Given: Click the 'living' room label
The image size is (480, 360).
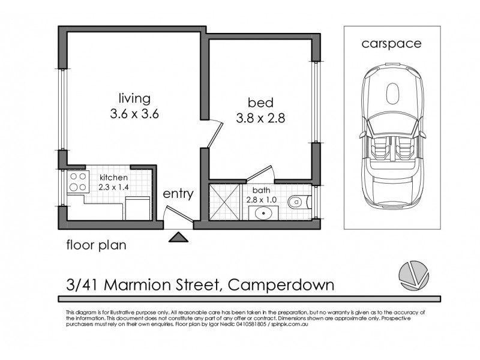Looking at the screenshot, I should pyautogui.click(x=134, y=98).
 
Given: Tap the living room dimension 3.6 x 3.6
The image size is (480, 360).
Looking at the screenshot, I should pyautogui.click(x=134, y=114).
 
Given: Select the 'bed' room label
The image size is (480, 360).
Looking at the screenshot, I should pyautogui.click(x=259, y=101).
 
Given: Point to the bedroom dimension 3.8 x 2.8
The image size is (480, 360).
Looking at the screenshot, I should pyautogui.click(x=259, y=118).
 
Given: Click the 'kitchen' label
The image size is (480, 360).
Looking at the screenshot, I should pyautogui.click(x=114, y=178).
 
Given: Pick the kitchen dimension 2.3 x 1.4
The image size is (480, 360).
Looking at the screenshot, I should pyautogui.click(x=114, y=187).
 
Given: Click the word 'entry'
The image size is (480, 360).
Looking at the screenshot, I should pyautogui.click(x=178, y=194).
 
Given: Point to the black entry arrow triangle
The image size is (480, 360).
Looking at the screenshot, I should pyautogui.click(x=178, y=237).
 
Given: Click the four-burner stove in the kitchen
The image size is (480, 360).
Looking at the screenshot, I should pyautogui.click(x=77, y=182).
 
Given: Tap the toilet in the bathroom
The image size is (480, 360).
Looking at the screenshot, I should pyautogui.click(x=295, y=202).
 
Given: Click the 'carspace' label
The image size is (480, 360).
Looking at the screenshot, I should pyautogui.click(x=391, y=43).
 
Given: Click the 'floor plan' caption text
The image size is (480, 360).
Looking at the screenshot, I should pyautogui.click(x=96, y=245).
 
